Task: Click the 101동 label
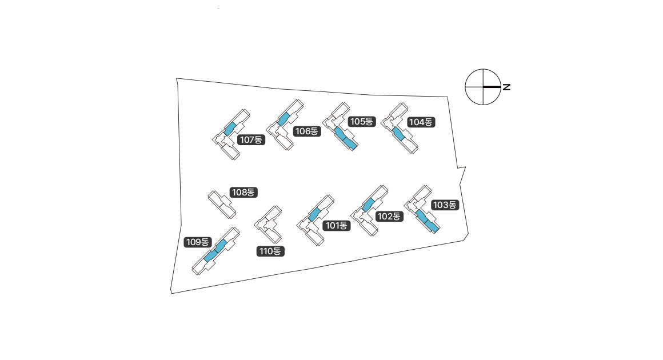tap(336, 225)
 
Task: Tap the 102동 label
tap(389, 216)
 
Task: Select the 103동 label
tap(445, 205)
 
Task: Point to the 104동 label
tap(421, 122)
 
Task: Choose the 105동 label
tap(362, 122)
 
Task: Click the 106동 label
tap(306, 131)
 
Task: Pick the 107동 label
tap(251, 139)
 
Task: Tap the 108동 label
tap(243, 192)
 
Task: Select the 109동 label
tap(198, 242)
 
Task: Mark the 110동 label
tap(270, 251)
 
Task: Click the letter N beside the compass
tap(506, 87)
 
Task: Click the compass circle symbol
tap(483, 87)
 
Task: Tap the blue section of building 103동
tap(427, 221)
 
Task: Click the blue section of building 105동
tap(345, 139)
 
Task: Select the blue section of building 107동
tap(230, 128)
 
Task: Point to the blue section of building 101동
tap(314, 214)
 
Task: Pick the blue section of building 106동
tap(283, 118)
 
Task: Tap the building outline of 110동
tap(269, 224)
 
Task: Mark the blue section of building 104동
tap(398, 134)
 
